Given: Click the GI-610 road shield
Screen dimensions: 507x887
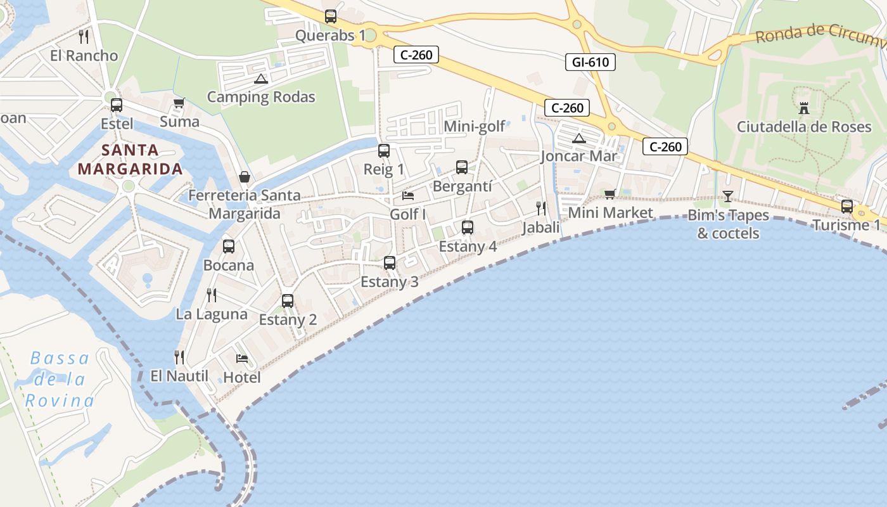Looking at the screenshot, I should (x=590, y=61).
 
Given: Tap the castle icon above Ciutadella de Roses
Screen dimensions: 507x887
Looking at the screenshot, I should (x=804, y=108).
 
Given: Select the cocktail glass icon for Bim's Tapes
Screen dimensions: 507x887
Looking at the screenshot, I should (x=727, y=196).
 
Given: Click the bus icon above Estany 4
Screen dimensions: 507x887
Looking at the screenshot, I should (x=468, y=227).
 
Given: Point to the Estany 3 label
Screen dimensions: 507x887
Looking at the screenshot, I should (x=389, y=282).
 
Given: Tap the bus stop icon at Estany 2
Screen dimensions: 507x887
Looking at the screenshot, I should (x=288, y=300).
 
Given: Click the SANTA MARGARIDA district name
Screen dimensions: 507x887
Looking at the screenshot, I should (x=130, y=160).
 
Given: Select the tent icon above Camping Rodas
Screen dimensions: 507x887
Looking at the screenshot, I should (x=260, y=79).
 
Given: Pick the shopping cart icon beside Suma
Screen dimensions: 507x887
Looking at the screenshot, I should (x=179, y=103).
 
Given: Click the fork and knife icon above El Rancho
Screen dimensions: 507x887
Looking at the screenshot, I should (x=84, y=36).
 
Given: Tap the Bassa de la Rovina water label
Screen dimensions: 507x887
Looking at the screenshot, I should (x=60, y=379).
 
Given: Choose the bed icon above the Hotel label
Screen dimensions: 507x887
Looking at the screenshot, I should (x=241, y=359).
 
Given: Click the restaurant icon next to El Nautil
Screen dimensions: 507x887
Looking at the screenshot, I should (x=179, y=357).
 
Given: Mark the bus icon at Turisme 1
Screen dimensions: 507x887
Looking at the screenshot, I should (x=846, y=206).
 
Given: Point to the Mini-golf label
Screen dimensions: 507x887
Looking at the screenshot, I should (x=475, y=126).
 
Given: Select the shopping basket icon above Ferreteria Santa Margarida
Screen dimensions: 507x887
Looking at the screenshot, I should (x=244, y=177).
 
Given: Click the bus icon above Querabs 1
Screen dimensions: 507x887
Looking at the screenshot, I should (x=331, y=16).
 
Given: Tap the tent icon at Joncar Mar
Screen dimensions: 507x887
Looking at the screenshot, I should (x=578, y=138).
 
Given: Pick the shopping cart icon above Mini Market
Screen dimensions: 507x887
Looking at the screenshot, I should (x=609, y=194).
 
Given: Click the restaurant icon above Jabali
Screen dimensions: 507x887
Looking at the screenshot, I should (x=541, y=208).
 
